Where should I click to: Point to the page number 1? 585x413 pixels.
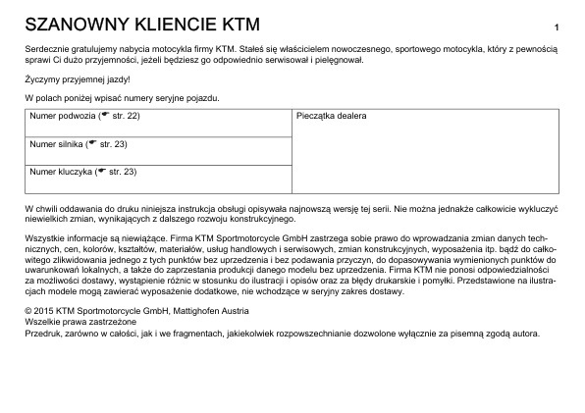pos(557,26)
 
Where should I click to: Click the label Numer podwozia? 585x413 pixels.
pos(61,116)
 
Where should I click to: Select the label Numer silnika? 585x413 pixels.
pos(55,144)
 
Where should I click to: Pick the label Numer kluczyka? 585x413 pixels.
pos(59,173)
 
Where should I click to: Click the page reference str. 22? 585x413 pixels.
pos(125,116)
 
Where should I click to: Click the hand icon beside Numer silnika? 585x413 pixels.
pos(92,143)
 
